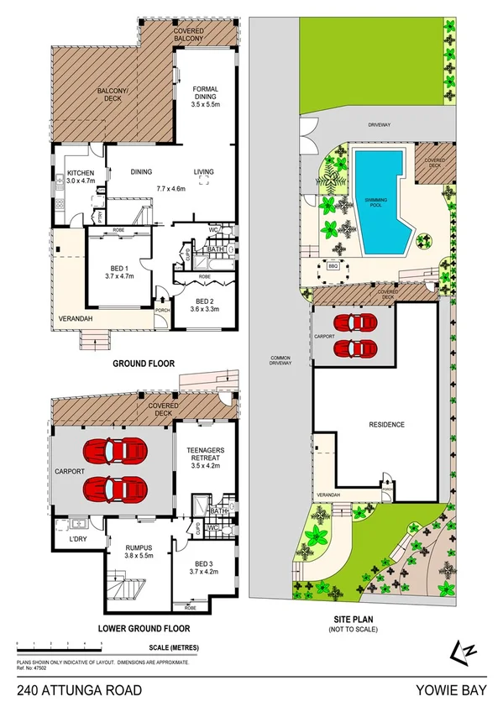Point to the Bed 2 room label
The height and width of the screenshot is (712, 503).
pos(205,304)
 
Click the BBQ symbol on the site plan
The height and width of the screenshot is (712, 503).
pos(332,268)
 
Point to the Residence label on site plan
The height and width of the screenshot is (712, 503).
pos(387,425)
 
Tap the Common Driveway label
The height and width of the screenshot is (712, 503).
pos(280,362)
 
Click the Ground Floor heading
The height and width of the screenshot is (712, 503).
pos(142,364)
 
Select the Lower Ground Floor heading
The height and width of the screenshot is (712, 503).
pos(144,628)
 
